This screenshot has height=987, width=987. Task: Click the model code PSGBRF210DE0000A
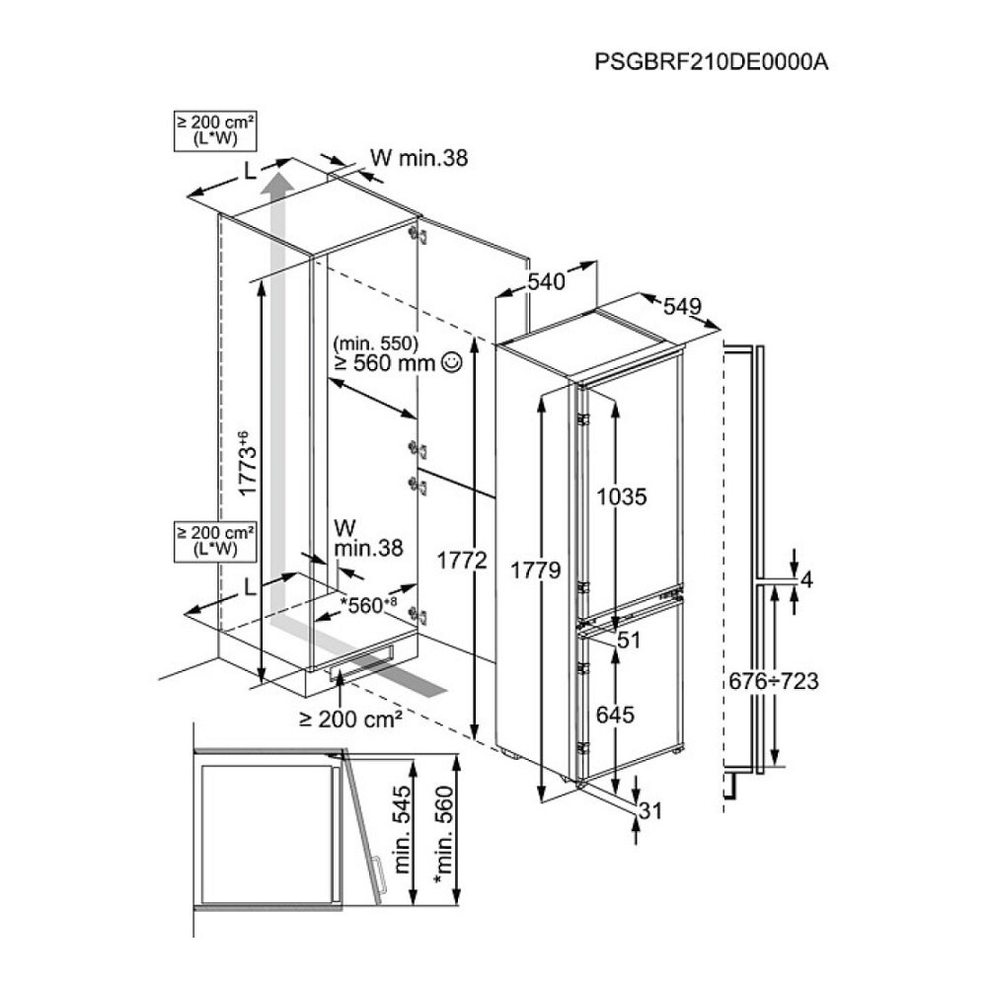(x=710, y=61)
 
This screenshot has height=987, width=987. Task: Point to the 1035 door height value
(x=623, y=497)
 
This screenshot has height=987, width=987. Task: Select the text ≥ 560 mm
(x=385, y=364)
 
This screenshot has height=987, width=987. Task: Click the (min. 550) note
(x=376, y=343)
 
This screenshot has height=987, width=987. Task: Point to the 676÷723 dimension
(x=772, y=680)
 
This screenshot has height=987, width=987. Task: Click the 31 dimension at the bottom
(x=647, y=811)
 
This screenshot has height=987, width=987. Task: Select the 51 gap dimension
(x=629, y=640)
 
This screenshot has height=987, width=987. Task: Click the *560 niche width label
(x=367, y=605)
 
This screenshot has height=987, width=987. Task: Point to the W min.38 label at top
(x=418, y=157)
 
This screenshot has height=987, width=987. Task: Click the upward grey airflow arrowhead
(x=280, y=184)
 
